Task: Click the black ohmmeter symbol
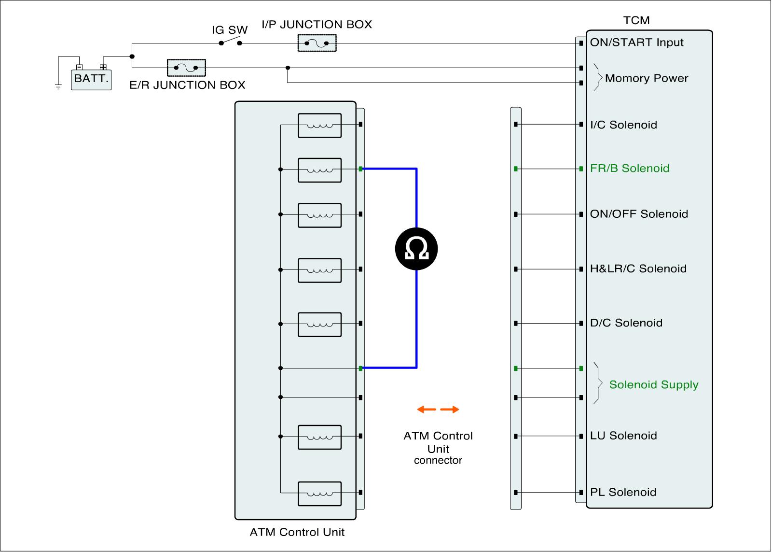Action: coord(416,249)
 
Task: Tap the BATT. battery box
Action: coord(91,79)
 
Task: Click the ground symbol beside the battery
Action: coord(58,87)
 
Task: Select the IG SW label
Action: coord(230,30)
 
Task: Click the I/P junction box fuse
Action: coord(317,43)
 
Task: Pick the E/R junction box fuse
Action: coord(186,68)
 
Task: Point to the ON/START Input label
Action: coord(636,42)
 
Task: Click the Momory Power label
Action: coord(646,78)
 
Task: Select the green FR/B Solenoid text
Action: coord(629,169)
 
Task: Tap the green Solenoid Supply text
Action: coord(653,384)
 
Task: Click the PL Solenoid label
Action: coord(623,492)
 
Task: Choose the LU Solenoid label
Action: coord(623,436)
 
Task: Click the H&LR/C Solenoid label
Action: coord(638,269)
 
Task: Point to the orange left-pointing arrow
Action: coord(426,410)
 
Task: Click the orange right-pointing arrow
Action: coord(450,410)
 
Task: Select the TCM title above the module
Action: coord(636,20)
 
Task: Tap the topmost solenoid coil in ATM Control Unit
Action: coord(319,126)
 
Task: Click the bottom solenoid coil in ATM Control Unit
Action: coord(319,494)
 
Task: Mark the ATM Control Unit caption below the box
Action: coord(297,532)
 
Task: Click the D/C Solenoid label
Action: coord(626,323)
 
